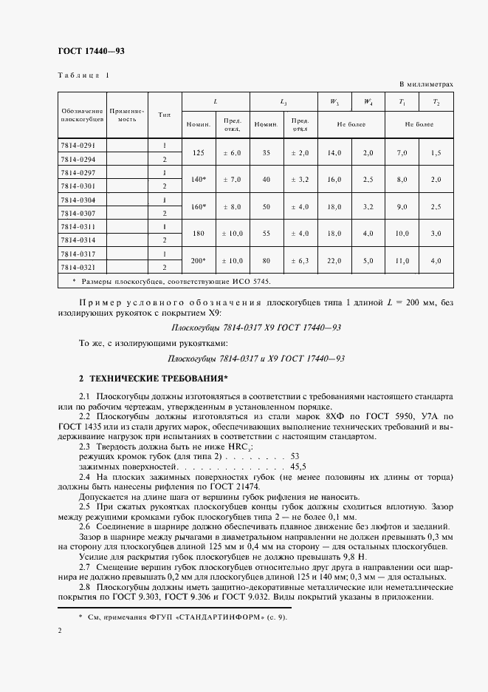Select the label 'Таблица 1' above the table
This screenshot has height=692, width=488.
click(83, 75)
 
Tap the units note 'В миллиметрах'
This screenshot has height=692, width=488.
click(427, 84)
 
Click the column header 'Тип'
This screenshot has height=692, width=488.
click(164, 115)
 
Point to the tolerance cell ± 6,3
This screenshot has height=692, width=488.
click(300, 260)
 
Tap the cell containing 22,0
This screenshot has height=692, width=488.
click(334, 260)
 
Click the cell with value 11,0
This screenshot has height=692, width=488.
click(402, 260)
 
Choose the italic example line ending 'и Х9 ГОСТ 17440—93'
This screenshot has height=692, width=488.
click(257, 358)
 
